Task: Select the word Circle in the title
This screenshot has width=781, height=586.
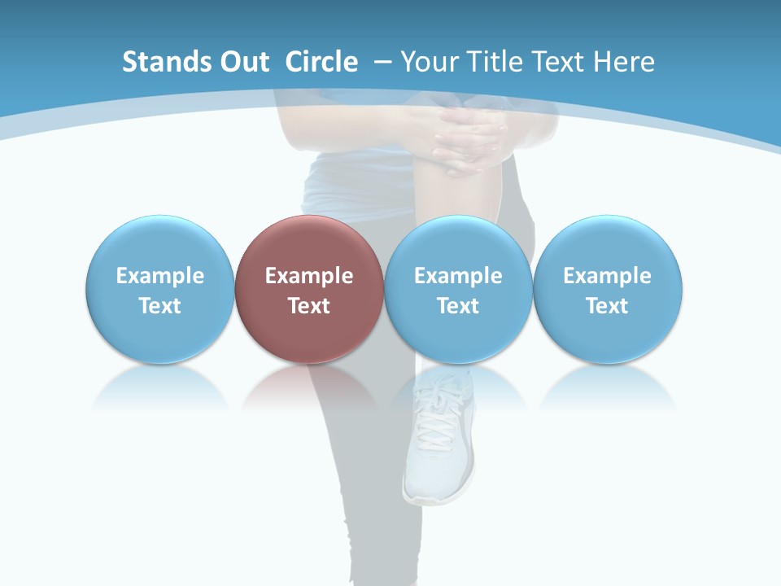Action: tap(321, 62)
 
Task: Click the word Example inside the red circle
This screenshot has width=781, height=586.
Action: tap(309, 276)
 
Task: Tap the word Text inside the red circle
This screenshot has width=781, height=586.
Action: tap(309, 306)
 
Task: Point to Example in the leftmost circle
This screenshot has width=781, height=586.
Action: tap(159, 276)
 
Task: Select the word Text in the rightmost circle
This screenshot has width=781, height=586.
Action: tap(608, 306)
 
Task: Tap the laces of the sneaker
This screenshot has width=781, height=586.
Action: tap(439, 415)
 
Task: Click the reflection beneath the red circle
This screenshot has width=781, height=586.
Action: tap(309, 387)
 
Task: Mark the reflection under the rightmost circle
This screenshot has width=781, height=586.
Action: tap(608, 387)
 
